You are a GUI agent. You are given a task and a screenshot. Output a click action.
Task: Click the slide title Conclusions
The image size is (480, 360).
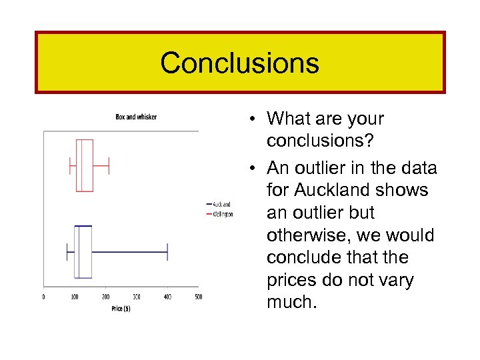[239, 63]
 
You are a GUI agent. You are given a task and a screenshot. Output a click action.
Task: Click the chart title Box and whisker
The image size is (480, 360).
[136, 117]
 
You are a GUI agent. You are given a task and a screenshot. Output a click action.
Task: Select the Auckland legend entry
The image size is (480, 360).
[222, 205]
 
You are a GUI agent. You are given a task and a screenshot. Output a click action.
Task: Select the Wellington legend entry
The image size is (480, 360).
[223, 214]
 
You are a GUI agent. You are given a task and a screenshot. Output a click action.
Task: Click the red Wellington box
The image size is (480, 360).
[85, 165]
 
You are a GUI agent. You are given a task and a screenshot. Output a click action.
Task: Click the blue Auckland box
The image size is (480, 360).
[83, 251]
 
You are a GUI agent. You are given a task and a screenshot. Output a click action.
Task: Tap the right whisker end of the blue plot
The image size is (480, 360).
[167, 251]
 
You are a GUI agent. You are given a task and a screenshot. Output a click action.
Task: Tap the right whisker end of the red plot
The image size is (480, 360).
[108, 165]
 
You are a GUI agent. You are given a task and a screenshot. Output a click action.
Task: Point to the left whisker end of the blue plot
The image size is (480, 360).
[67, 251]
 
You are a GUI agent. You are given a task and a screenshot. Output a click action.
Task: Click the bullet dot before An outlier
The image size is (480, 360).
[255, 168]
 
